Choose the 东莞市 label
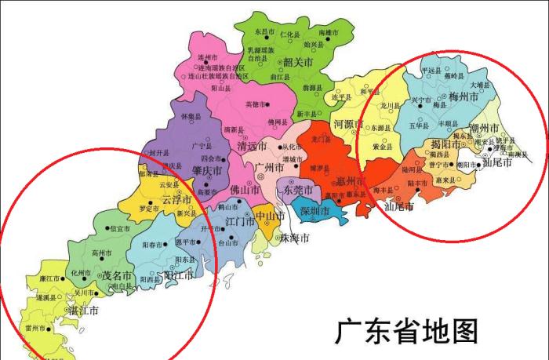pyautogui.click(x=298, y=191)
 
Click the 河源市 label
pyautogui.click(x=348, y=124)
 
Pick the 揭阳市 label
pyautogui.click(x=446, y=144)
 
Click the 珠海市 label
pyautogui.click(x=293, y=238)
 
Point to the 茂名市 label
pyautogui.click(x=117, y=275)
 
